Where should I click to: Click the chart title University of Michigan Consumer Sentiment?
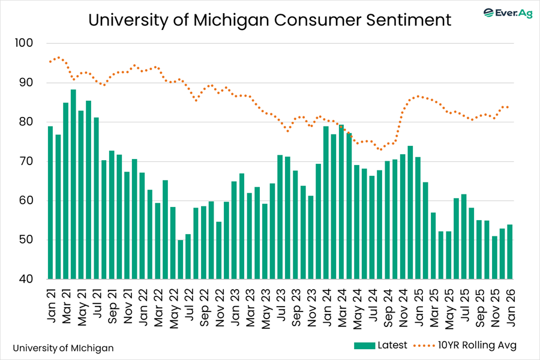click(269, 20)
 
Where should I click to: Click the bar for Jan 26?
click(509, 252)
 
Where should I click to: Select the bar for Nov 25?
click(494, 257)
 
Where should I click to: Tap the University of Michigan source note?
click(62, 347)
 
